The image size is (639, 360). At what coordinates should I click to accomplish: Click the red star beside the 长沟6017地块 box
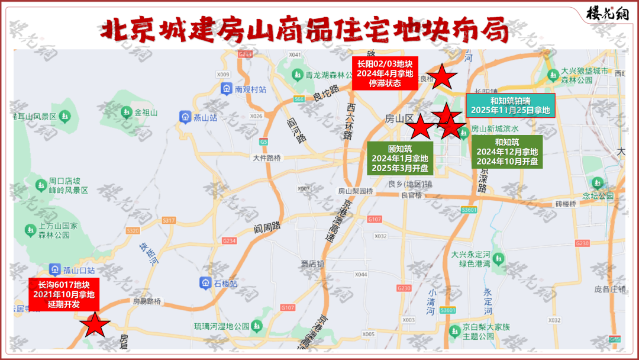point(94,325)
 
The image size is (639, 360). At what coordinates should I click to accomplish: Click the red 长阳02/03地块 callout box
point(385,73)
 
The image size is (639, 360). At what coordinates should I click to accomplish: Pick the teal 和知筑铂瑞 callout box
point(511,105)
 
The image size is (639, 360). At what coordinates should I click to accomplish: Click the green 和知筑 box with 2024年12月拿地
point(507,152)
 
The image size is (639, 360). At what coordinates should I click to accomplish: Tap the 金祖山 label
point(146,112)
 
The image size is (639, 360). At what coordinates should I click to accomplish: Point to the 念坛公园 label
point(598,195)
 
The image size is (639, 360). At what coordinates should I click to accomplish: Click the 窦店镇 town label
point(312,263)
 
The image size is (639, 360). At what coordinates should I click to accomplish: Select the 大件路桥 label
point(267,158)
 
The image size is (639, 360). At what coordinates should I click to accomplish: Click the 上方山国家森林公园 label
point(53,230)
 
